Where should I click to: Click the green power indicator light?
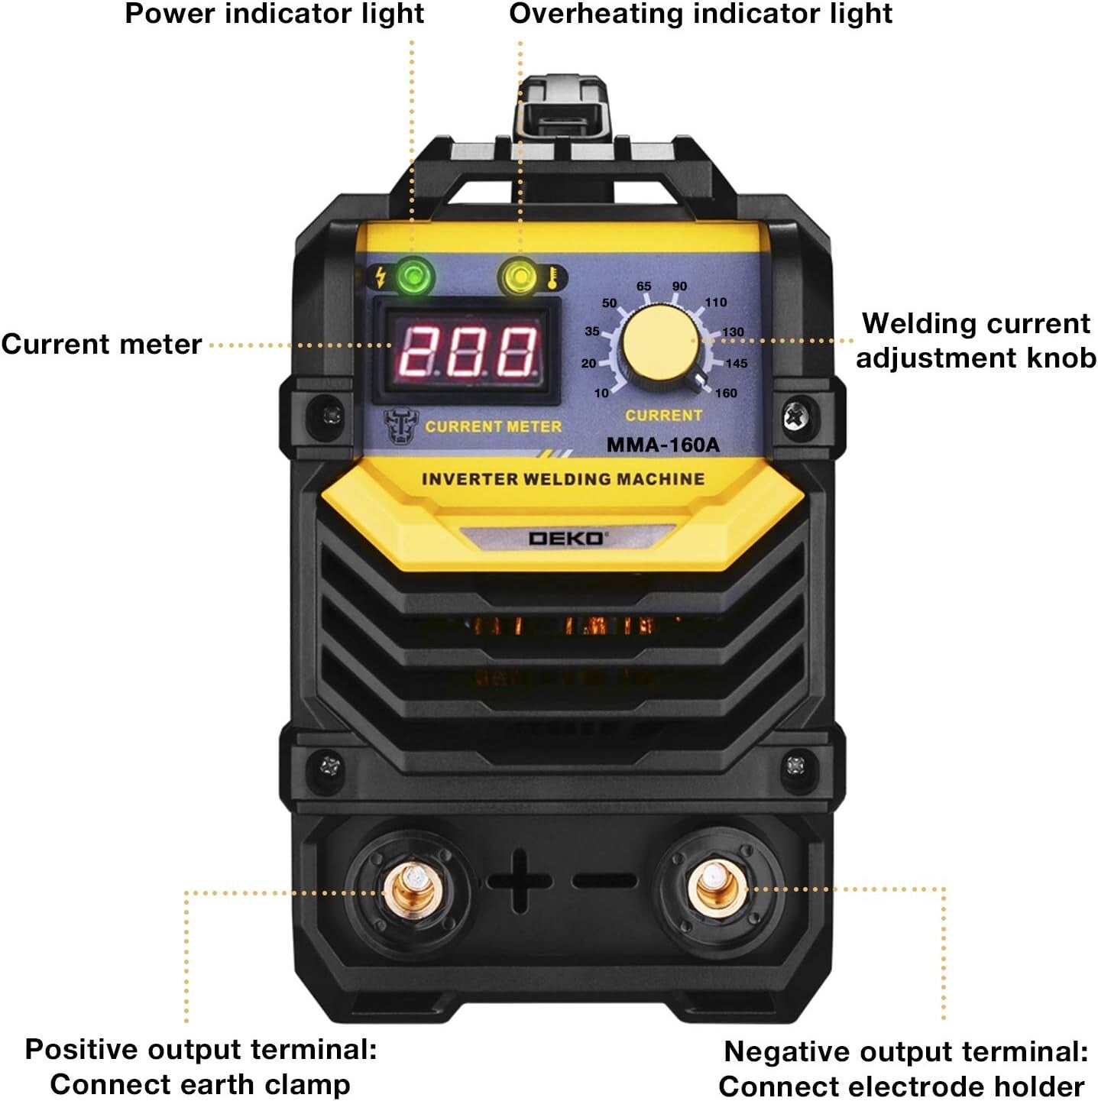414,277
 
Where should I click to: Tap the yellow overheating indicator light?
519,277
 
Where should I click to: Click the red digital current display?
468,351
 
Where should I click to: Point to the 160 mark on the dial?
726,393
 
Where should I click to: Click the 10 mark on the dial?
601,393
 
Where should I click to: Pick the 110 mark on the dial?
715,303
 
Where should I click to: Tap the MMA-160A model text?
662,445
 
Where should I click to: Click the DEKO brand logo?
566,539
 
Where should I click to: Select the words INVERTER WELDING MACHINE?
563,480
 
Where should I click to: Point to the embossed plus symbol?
520,880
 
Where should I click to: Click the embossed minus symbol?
604,881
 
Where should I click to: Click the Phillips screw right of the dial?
795,416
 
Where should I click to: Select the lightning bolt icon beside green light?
380,277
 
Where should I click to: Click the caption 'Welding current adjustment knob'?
976,341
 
